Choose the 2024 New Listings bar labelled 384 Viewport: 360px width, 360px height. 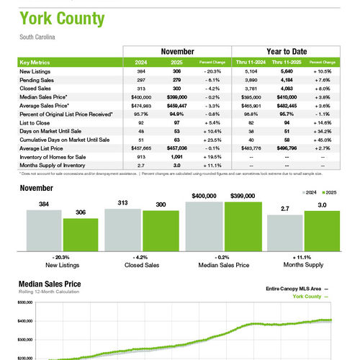(x=43, y=231)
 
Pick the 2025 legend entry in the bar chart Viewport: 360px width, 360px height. (x=330, y=193)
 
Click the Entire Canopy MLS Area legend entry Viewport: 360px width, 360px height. (x=292, y=288)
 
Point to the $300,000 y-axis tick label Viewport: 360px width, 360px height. (x=26, y=338)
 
